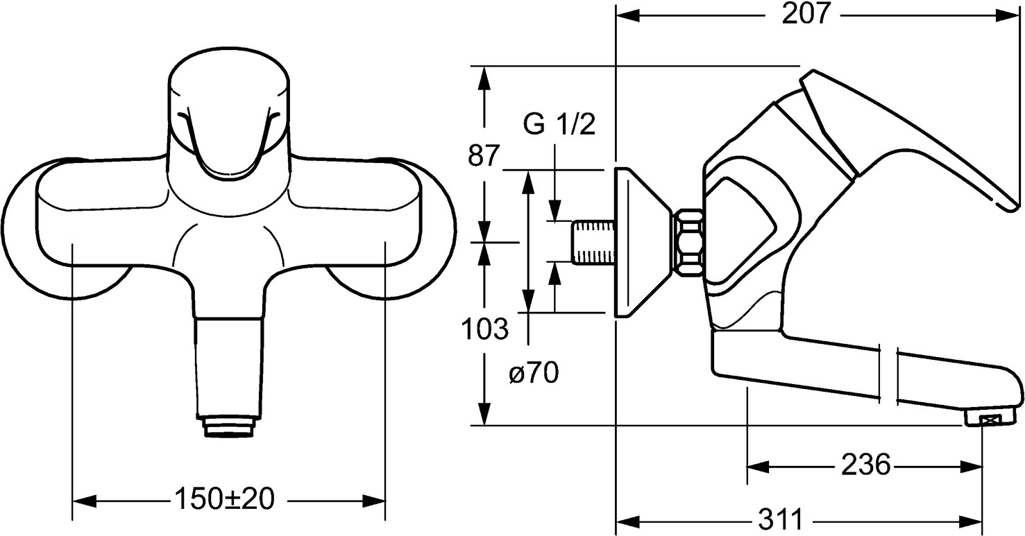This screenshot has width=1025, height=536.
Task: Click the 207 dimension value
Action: pyautogui.click(x=806, y=15)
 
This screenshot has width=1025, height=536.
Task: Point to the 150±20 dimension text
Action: pyautogui.click(x=224, y=499)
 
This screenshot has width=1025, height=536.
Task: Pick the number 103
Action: pyautogui.click(x=485, y=329)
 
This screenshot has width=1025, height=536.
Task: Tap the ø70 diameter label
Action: pyautogui.click(x=533, y=374)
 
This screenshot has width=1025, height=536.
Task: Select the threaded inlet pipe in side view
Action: pyautogui.click(x=593, y=242)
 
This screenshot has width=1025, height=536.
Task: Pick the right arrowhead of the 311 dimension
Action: pyautogui.click(x=976, y=520)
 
